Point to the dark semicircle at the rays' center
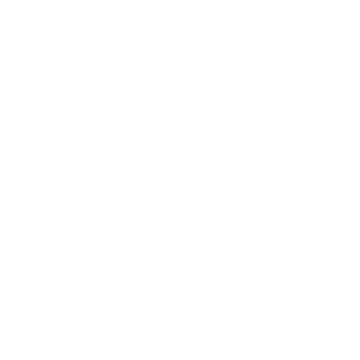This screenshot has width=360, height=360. tap(202, 181)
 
